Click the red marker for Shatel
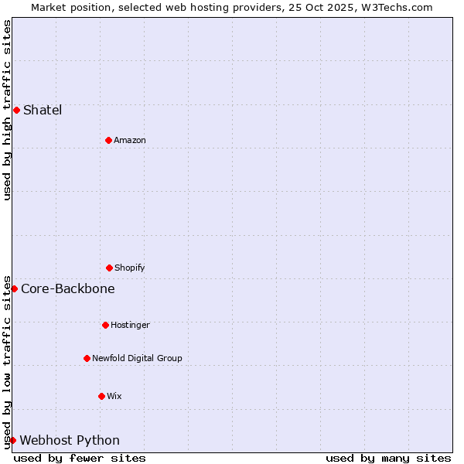(x=16, y=110)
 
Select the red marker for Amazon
(x=108, y=140)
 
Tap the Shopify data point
(x=109, y=268)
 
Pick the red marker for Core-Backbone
(x=14, y=288)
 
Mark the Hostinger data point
(x=105, y=325)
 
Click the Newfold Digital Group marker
(x=87, y=358)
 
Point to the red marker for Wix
(x=101, y=396)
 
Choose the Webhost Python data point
(x=12, y=440)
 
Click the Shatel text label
(x=43, y=110)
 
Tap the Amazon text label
(x=130, y=140)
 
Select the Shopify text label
(x=130, y=268)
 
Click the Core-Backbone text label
(x=68, y=288)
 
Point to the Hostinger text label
(x=130, y=325)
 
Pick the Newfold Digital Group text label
(x=137, y=358)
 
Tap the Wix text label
(x=114, y=396)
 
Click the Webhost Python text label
(x=70, y=440)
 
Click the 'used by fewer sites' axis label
(x=80, y=458)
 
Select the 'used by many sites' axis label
(x=388, y=458)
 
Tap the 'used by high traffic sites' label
(x=7, y=110)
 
